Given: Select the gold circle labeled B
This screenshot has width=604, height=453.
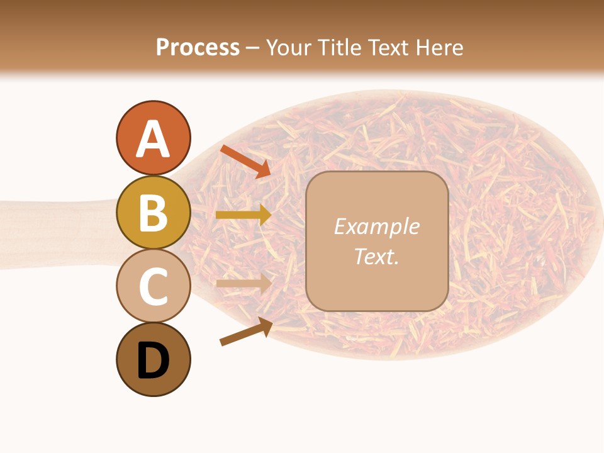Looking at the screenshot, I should [153, 212].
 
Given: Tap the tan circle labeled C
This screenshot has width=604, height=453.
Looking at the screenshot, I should [153, 286].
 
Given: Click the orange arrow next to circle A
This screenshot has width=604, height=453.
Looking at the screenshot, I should [245, 161].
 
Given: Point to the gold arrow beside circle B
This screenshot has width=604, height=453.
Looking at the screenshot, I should [243, 215].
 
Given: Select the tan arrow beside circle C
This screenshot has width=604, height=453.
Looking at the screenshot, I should [243, 283].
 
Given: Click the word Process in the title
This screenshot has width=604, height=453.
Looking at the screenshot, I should [198, 47].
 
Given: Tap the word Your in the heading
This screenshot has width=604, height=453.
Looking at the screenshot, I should [287, 47].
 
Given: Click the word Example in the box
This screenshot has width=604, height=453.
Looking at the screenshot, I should [376, 226].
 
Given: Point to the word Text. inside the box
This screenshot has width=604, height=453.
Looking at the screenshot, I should [376, 256].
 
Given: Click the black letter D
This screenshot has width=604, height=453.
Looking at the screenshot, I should [153, 361].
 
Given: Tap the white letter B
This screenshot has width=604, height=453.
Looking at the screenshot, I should [153, 213].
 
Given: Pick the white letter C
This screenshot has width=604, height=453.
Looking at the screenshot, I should [153, 287].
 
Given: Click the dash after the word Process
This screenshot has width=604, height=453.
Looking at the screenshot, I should [252, 48].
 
